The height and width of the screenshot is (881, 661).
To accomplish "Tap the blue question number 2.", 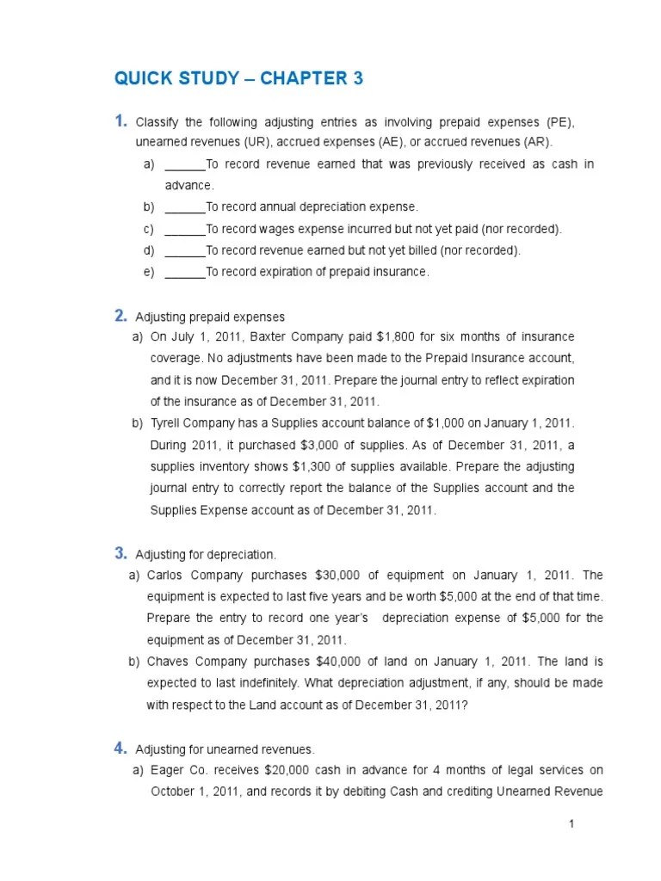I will tap(120, 316).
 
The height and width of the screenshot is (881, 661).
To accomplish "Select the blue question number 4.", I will tap(120, 749).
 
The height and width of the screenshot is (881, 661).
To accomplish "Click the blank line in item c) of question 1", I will tap(184, 230).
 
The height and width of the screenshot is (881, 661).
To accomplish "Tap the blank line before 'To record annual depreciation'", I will tap(184, 207).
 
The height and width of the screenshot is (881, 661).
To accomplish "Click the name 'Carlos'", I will tap(167, 576).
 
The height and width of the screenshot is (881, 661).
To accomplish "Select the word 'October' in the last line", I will tap(175, 792).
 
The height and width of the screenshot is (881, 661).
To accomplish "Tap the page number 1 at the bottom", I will tap(571, 824).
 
